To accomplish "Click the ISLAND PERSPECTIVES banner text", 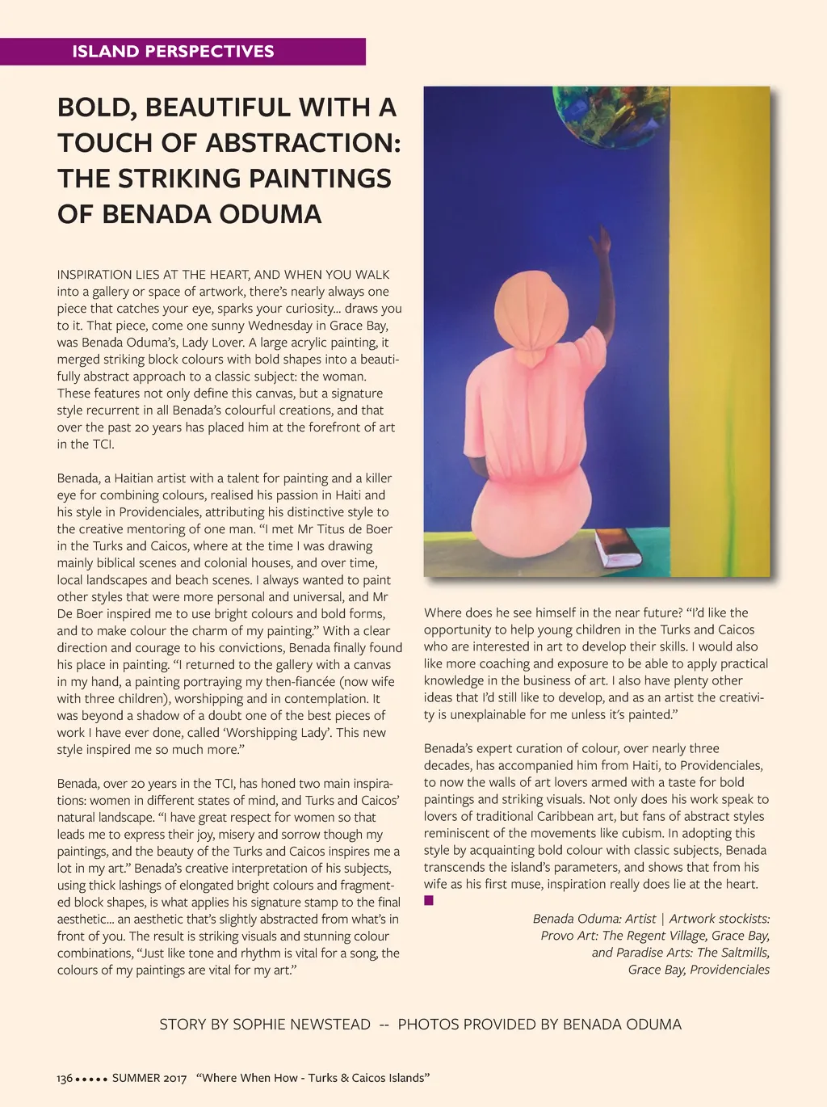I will [173, 52].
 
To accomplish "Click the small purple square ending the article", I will [429, 900].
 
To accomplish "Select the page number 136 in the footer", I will [65, 1078].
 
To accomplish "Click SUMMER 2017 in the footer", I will [149, 1078].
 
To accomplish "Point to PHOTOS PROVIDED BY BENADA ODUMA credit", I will [539, 1025].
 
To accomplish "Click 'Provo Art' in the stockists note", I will [569, 936].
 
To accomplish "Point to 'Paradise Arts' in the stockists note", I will [653, 953].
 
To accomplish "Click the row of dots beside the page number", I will [91, 1079].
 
